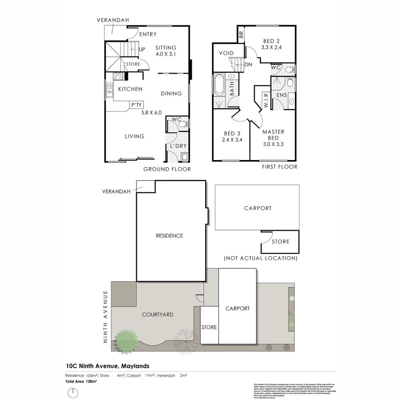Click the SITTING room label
166,48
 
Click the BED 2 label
271,41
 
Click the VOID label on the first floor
226,53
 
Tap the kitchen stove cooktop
118,76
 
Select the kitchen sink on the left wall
109,91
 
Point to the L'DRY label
178,146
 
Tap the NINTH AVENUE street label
105,317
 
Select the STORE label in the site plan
209,327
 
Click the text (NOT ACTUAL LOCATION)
260,258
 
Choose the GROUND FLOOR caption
167,169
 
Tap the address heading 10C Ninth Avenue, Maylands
108,366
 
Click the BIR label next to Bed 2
241,35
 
